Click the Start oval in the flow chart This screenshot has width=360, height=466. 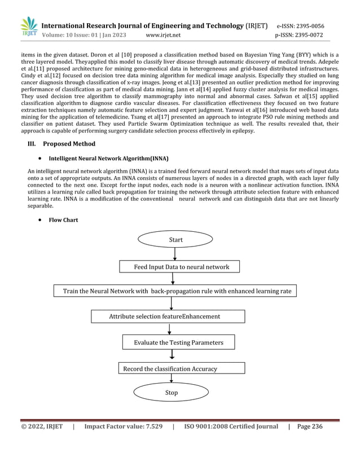(x=175, y=240)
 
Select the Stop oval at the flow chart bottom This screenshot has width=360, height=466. (x=172, y=392)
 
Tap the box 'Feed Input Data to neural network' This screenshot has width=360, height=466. (x=178, y=266)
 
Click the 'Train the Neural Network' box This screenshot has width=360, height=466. (x=175, y=291)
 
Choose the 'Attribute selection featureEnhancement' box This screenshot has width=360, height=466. (x=164, y=316)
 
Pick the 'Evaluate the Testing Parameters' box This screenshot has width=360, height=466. (x=178, y=342)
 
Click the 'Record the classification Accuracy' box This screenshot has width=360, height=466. (x=181, y=368)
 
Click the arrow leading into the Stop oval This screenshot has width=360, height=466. (x=172, y=379)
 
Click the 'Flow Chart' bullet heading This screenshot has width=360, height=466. (x=64, y=220)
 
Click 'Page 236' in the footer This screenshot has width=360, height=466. (x=309, y=427)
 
